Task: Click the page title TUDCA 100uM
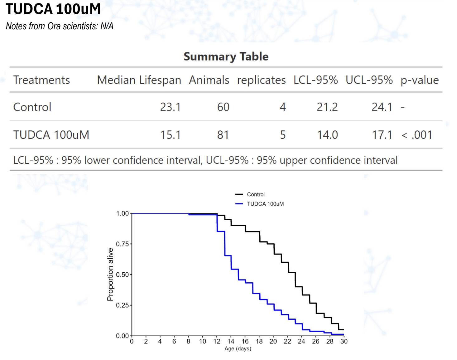point(53,9)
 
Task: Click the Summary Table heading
point(226,56)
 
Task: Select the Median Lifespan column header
point(139,80)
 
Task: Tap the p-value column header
point(419,80)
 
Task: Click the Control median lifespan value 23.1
point(170,107)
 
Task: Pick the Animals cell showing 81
point(223,135)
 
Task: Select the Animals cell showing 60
point(223,107)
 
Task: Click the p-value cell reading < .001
point(417,135)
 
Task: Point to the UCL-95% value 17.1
point(382,135)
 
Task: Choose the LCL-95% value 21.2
point(327,107)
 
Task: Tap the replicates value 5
point(282,135)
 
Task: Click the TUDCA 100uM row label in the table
point(51,135)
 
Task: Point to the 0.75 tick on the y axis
point(122,244)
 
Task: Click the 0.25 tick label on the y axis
point(122,305)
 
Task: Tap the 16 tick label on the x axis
point(245,341)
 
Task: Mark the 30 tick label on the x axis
point(344,341)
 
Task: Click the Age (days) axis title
point(238,348)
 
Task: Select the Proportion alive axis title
point(110,275)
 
